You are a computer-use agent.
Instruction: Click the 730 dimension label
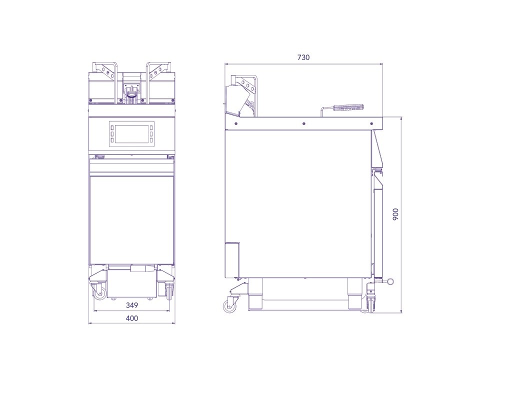[303, 57]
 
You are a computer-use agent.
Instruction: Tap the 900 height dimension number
[395, 214]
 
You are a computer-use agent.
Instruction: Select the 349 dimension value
[131, 305]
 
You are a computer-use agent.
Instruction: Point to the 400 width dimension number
[131, 318]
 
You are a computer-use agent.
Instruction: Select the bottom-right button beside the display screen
[151, 140]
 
